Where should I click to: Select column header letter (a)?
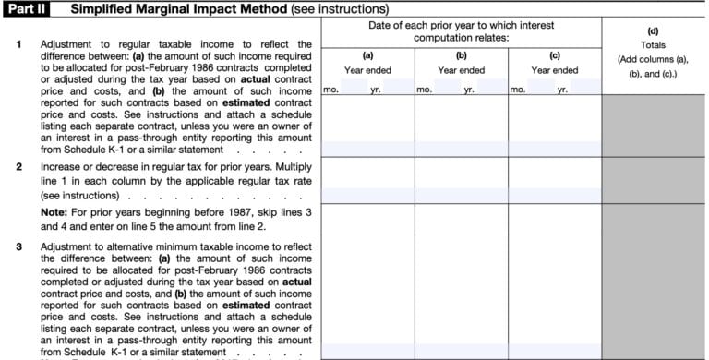point(367,54)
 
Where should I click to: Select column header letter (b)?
point(461,54)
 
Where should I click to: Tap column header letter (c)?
point(554,54)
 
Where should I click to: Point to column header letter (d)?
point(655,30)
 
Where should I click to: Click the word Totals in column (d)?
point(655,44)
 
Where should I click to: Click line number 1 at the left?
point(19,44)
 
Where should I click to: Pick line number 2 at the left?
point(19,167)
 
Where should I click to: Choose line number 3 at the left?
point(19,247)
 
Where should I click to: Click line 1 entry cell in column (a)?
point(367,148)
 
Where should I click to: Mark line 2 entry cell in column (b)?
point(461,195)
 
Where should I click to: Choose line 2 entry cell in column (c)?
point(554,195)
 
